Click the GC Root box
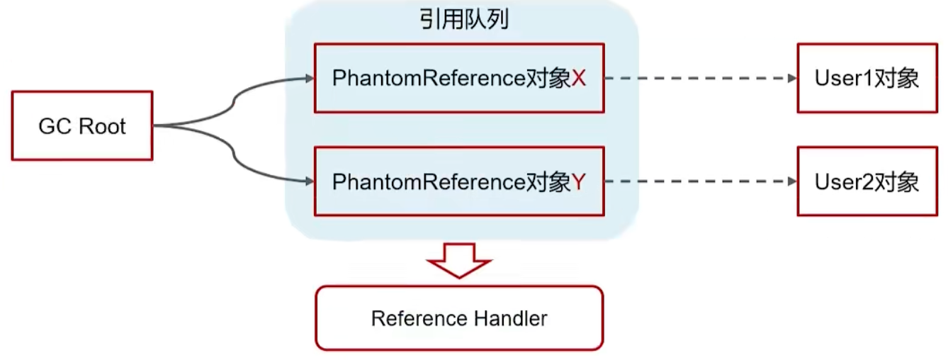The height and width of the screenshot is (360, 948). point(81,126)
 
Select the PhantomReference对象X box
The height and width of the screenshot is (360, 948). point(458,79)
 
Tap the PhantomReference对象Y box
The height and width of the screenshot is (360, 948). point(458,181)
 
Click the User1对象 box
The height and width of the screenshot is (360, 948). point(867,79)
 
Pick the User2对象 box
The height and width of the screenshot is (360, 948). point(867,181)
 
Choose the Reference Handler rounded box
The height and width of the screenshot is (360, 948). point(458,318)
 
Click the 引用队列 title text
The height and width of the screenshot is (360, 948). point(464,19)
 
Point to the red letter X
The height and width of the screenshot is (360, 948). point(579,79)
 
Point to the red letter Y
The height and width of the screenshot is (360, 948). point(579,182)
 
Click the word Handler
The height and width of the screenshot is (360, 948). point(510,318)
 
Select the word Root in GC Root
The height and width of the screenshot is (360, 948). point(102,126)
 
